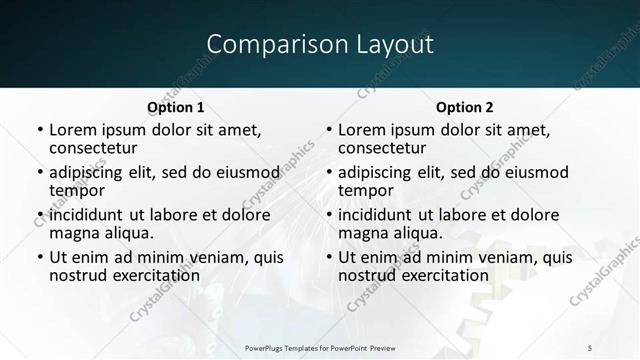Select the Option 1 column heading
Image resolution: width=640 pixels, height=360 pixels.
pyautogui.click(x=176, y=107)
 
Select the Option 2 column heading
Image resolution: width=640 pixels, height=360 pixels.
pyautogui.click(x=465, y=107)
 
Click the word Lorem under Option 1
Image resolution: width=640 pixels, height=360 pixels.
pyautogui.click(x=74, y=130)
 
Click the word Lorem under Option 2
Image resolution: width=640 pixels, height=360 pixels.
pyautogui.click(x=363, y=130)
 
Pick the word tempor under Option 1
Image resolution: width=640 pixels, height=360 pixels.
pyautogui.click(x=77, y=190)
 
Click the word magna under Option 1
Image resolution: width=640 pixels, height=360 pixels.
pyautogui.click(x=75, y=233)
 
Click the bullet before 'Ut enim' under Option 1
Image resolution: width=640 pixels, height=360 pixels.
pyautogui.click(x=39, y=258)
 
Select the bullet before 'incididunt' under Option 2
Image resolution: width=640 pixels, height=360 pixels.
pyautogui.click(x=328, y=216)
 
